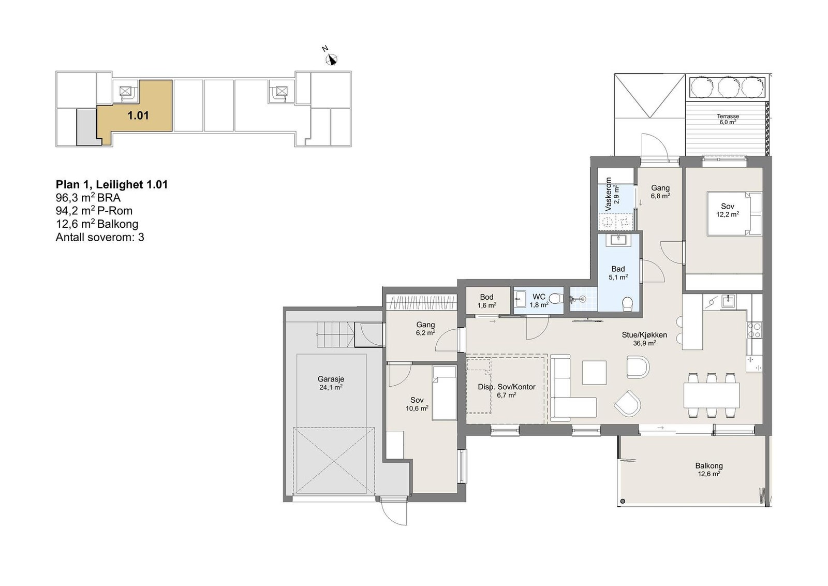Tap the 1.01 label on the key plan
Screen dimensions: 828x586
click(x=138, y=116)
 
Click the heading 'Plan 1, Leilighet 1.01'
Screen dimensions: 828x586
click(x=112, y=184)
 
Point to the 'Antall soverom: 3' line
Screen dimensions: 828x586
click(x=100, y=238)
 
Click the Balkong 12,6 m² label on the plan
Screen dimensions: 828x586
click(x=708, y=470)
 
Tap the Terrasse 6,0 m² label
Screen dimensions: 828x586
click(x=728, y=119)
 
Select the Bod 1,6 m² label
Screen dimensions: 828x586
click(x=486, y=301)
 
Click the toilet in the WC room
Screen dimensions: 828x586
click(x=555, y=298)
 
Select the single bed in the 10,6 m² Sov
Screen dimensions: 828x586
click(x=445, y=393)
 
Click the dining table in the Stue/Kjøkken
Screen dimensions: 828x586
click(x=712, y=395)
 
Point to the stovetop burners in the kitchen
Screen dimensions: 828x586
click(x=754, y=330)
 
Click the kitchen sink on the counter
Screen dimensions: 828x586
click(x=727, y=301)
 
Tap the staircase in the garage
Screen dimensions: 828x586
click(x=335, y=334)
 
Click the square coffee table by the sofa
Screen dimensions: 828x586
click(x=595, y=373)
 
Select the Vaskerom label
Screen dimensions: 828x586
click(x=608, y=195)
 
